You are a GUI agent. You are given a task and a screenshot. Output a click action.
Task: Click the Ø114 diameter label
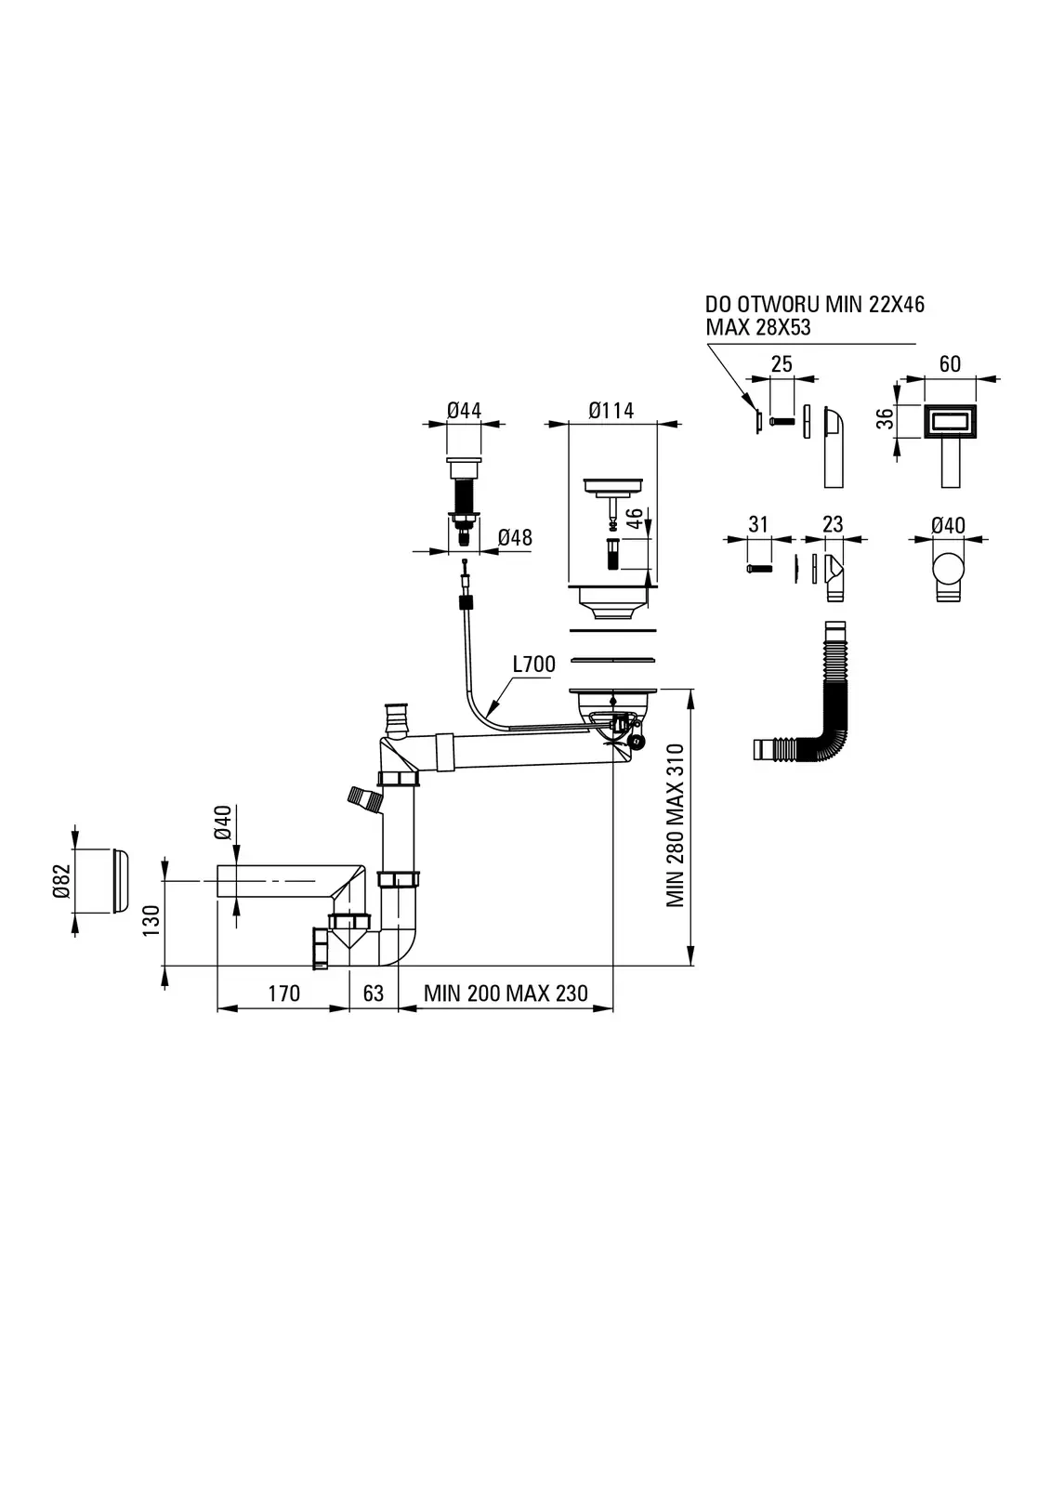coord(611,411)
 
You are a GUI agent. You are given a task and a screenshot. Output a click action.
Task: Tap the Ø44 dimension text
coord(464,411)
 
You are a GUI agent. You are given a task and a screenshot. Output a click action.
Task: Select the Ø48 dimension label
coord(515,537)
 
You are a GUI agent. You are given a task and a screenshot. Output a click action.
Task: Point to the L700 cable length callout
coord(533,664)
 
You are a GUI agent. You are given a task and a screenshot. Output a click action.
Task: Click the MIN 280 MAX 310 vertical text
coord(676,826)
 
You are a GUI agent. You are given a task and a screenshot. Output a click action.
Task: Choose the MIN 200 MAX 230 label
coord(506,994)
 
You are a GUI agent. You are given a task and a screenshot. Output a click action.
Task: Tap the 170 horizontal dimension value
coord(284,994)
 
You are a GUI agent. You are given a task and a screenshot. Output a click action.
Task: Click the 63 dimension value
coord(374,994)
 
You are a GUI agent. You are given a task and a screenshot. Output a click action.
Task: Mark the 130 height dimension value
coord(152,920)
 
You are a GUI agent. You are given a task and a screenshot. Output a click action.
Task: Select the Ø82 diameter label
coord(61,881)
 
